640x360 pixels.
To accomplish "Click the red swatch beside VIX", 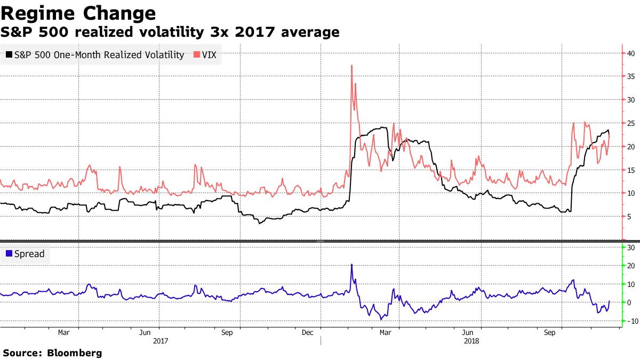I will [x=197, y=54].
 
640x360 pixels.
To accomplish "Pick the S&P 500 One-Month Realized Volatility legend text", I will [x=99, y=54].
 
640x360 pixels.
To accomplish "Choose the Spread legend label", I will [x=29, y=254].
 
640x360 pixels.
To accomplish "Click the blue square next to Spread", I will [x=9, y=254].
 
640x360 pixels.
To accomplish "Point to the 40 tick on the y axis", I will [x=630, y=53].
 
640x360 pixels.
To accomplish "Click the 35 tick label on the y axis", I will [x=630, y=77].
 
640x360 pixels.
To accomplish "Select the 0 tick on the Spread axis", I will [x=629, y=302].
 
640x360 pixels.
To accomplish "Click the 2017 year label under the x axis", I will [x=161, y=340].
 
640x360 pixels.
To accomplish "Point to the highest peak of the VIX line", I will [x=352, y=66].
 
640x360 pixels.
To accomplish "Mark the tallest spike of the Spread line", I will [x=351, y=265].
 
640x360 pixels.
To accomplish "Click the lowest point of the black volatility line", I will [x=259, y=223].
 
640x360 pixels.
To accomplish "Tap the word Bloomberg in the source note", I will [x=75, y=353].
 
